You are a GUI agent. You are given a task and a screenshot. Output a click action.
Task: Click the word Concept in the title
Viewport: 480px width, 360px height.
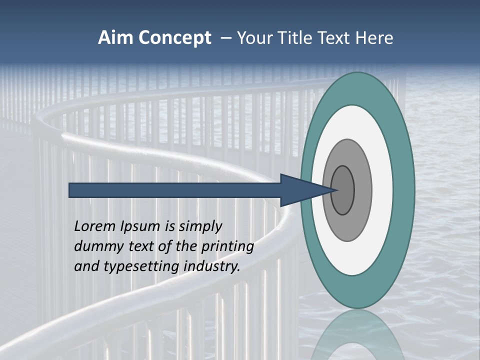[x=175, y=38]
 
